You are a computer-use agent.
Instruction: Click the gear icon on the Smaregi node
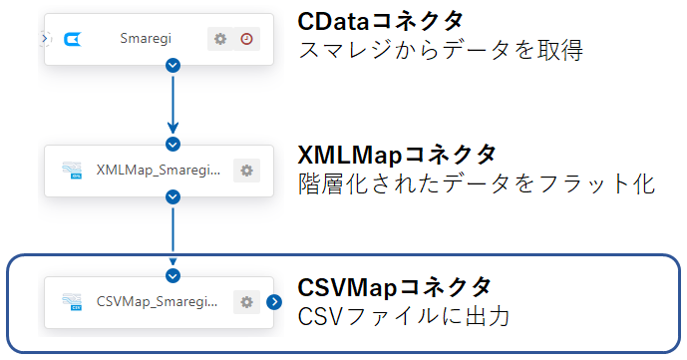tap(220, 39)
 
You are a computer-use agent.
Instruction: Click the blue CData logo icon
tap(72, 40)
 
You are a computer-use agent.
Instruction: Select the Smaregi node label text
tap(146, 39)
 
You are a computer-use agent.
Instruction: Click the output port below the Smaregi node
tap(173, 66)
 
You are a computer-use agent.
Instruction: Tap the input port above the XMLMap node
tap(173, 145)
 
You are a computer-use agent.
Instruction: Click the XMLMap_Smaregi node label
tap(159, 170)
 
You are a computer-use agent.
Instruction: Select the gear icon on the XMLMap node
tap(246, 171)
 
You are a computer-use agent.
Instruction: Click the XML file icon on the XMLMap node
tap(72, 171)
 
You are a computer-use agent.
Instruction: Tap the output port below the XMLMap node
tap(173, 196)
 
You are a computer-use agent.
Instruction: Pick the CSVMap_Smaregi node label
tap(158, 300)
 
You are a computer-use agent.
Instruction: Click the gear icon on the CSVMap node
tap(246, 301)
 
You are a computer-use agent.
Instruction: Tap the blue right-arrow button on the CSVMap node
tap(274, 301)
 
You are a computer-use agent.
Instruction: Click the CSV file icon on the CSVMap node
tap(72, 301)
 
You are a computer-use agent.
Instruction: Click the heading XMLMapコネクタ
tap(397, 155)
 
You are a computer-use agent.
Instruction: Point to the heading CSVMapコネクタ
tap(395, 287)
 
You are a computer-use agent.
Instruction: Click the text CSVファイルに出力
tap(404, 318)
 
